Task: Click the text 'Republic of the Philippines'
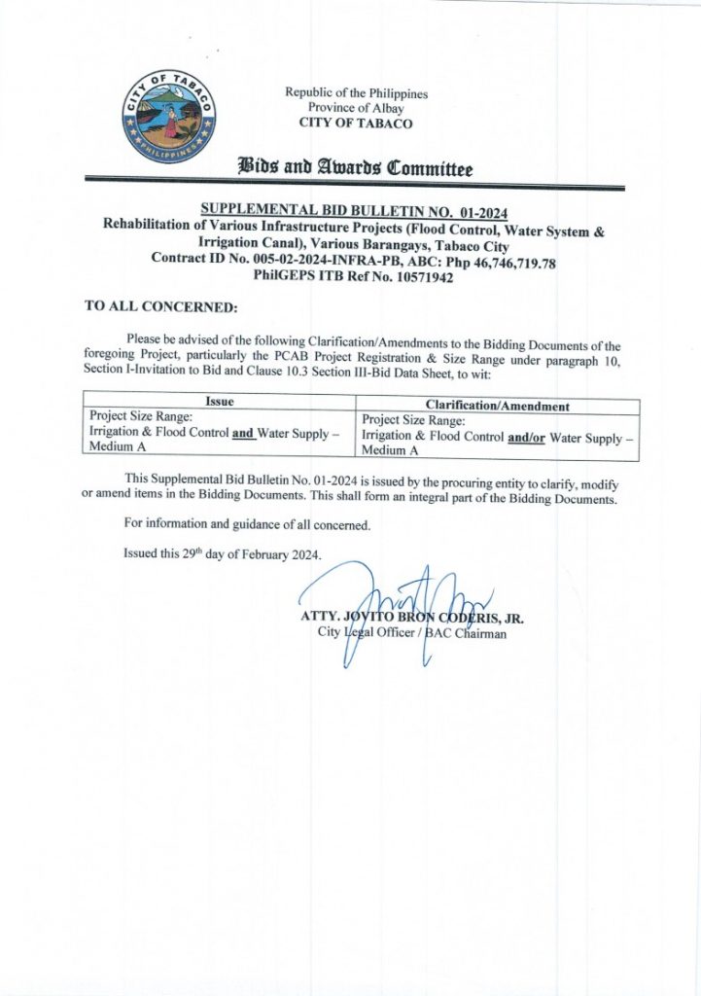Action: pyautogui.click(x=356, y=93)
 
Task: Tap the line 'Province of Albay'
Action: pyautogui.click(x=356, y=108)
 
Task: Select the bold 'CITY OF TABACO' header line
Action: pyautogui.click(x=356, y=124)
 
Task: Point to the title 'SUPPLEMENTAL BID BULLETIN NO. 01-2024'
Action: pyautogui.click(x=354, y=211)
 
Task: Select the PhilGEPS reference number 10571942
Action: pyautogui.click(x=420, y=276)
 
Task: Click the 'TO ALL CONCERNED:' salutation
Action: pyautogui.click(x=161, y=306)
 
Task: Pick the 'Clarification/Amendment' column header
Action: pyautogui.click(x=498, y=406)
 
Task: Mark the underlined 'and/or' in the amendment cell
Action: pyautogui.click(x=526, y=438)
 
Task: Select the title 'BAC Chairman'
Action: pyautogui.click(x=467, y=633)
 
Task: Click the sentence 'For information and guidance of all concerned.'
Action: pyautogui.click(x=247, y=524)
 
